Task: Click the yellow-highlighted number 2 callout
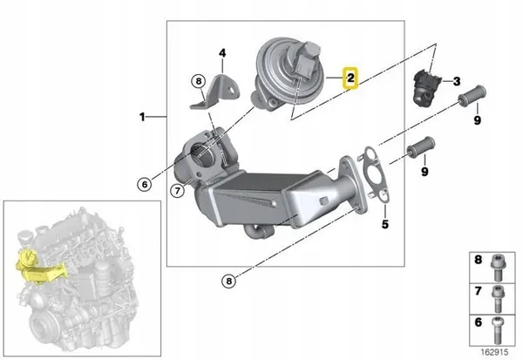coord(350,78)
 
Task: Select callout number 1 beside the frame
coord(141,115)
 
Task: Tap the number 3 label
coord(455,82)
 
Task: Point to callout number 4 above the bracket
coord(222,53)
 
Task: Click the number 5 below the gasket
coord(384,224)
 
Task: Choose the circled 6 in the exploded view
coord(145,183)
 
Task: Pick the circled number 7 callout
coord(175,190)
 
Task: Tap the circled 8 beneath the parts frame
coord(228,281)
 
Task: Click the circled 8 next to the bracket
coord(199,83)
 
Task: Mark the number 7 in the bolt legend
coord(477,291)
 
